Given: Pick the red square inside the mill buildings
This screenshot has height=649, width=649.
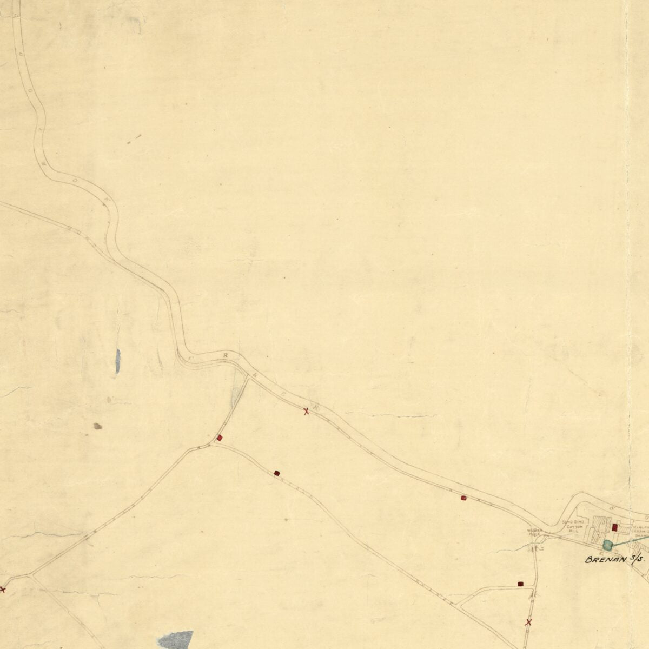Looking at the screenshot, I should coord(615,527).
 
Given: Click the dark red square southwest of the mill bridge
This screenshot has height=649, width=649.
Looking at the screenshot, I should coord(520,584).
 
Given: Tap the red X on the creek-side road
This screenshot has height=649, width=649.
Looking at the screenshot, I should coord(306,412).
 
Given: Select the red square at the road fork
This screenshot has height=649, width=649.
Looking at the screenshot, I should coord(219,438).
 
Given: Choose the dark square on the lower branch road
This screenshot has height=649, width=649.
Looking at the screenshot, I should coord(277,473).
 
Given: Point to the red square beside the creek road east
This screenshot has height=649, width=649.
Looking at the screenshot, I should coord(463,498).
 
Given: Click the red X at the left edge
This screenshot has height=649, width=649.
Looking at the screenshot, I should coord(2,589).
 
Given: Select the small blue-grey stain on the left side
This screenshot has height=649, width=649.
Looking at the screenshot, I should coord(118,361).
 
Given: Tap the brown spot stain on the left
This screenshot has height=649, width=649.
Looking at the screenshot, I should coord(98,426).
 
